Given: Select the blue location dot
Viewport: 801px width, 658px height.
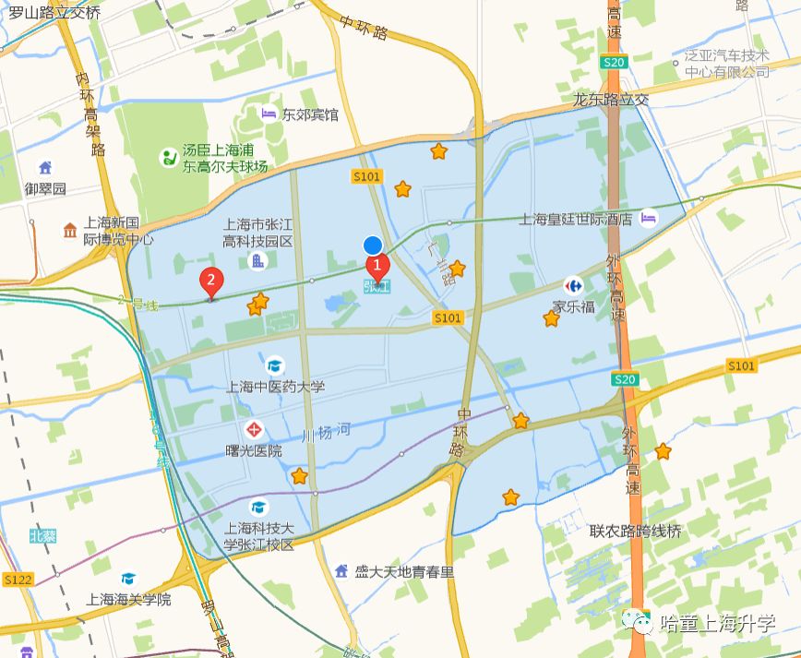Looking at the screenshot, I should [x=373, y=245].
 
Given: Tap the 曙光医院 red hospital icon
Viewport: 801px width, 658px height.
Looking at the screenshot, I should [x=254, y=430].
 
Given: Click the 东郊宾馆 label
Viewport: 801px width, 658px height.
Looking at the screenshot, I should [x=310, y=114].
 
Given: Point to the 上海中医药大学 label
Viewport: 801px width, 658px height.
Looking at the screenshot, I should [x=275, y=387].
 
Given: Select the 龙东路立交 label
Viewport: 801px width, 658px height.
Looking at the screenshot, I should [x=611, y=99].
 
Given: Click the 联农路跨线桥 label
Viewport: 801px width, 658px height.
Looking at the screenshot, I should [x=636, y=531].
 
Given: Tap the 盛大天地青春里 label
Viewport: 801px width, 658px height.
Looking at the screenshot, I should [x=404, y=571].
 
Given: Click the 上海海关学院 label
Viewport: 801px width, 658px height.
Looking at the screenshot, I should [x=128, y=599].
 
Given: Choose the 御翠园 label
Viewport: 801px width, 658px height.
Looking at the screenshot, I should [x=45, y=188].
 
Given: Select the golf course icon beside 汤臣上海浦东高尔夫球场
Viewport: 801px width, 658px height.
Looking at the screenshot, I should [x=168, y=157].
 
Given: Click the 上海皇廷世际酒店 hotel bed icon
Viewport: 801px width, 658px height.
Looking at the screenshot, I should [x=649, y=218].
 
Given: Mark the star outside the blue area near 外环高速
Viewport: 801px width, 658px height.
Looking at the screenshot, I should [x=663, y=451].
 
